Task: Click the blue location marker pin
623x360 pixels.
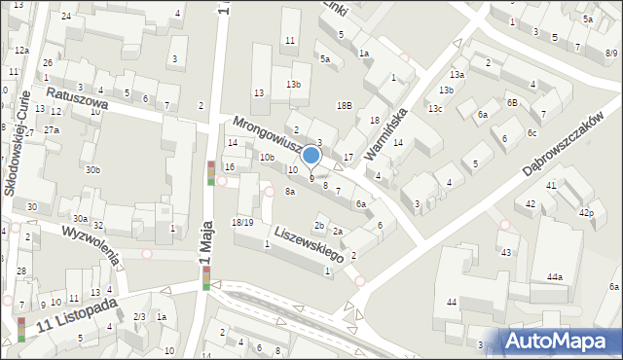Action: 311,156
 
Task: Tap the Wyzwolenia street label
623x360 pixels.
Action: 90,244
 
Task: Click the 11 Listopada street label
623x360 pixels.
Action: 77,313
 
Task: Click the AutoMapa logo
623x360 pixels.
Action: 560,341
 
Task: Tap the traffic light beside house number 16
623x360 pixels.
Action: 211,172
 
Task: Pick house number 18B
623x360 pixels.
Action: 344,105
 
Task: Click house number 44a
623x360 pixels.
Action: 554,277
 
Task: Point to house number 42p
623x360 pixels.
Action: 586,212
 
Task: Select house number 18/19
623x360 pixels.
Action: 242,223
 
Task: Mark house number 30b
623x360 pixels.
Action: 92,170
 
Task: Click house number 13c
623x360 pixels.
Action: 435,108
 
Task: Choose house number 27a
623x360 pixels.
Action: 52,129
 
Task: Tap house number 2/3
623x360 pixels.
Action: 139,317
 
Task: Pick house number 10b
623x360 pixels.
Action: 267,158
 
